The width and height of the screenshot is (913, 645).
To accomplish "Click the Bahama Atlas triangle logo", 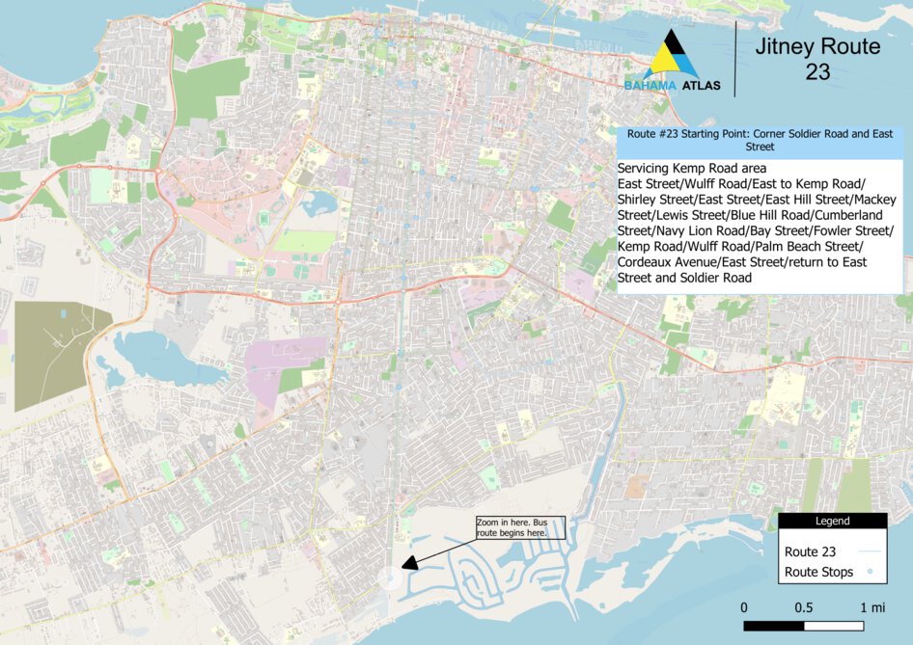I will [x=672, y=56].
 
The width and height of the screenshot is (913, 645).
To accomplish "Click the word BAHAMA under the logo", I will [x=650, y=86].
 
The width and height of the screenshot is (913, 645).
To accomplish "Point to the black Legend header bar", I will [x=832, y=521].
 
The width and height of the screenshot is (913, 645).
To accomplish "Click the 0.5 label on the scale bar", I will [x=804, y=608].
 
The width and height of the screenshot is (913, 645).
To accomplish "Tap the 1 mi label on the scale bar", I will [x=872, y=608].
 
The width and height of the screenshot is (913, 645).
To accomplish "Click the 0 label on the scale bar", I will [x=744, y=608].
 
